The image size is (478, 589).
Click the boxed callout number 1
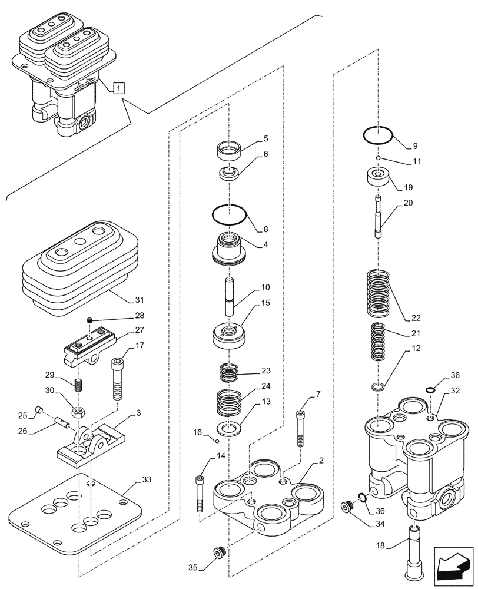pyautogui.click(x=119, y=89)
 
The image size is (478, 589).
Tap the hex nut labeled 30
pyautogui.click(x=78, y=409)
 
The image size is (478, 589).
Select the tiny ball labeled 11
pyautogui.click(x=379, y=158)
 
